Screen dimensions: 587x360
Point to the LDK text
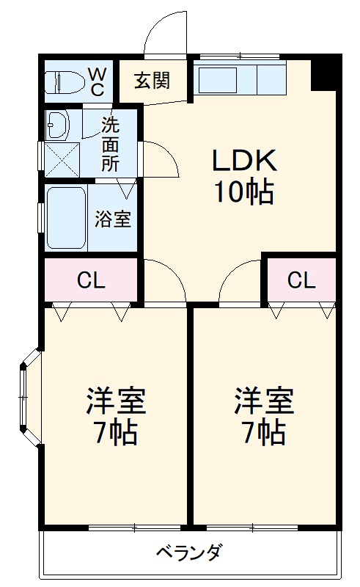(244, 159)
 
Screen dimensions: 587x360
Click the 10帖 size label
(244, 192)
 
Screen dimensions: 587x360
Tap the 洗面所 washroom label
(110, 144)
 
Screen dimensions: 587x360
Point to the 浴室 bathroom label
(114, 219)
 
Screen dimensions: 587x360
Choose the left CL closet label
(91, 280)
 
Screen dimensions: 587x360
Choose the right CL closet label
(301, 280)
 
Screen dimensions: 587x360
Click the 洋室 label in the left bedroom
(116, 400)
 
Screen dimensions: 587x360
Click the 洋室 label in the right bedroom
(264, 400)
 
